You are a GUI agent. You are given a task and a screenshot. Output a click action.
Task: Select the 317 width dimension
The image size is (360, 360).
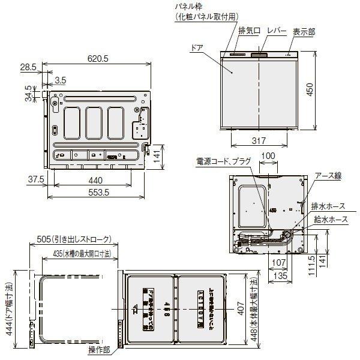[x=259, y=142]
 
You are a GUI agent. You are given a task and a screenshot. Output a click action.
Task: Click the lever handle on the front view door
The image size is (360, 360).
[x=260, y=56]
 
